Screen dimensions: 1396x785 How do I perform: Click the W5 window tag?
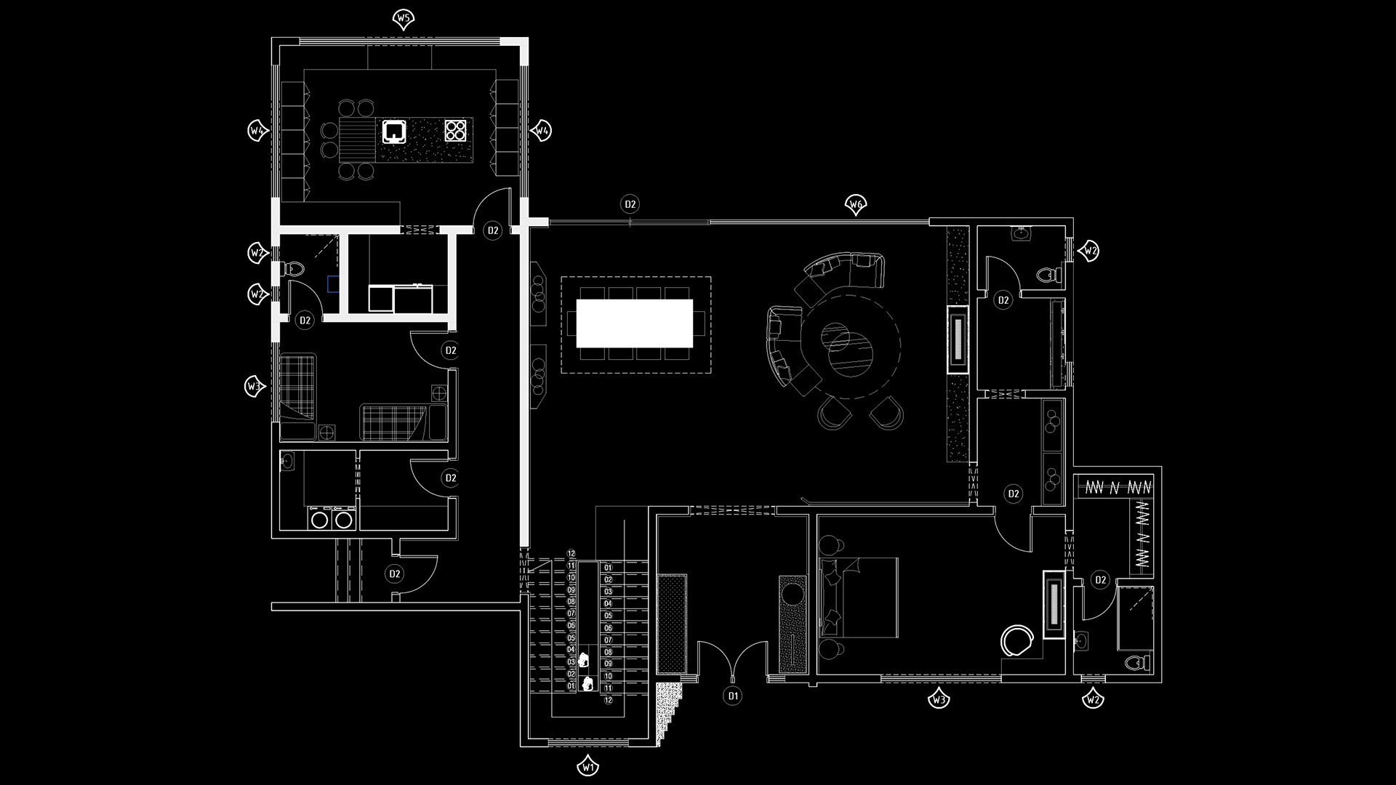point(404,18)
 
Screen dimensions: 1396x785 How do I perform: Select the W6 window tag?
point(856,205)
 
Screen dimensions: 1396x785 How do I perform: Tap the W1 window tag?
point(588,767)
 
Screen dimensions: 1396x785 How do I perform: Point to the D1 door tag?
point(733,696)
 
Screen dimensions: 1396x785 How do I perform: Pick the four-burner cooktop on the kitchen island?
point(456,130)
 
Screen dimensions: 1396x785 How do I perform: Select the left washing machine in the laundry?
point(319,519)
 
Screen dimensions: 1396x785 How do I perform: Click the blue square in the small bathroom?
point(333,283)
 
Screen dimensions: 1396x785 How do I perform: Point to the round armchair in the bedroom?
point(1017,641)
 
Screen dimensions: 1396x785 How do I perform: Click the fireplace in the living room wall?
point(958,339)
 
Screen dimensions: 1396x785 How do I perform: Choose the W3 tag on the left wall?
point(253,387)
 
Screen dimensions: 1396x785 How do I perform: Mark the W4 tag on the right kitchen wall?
point(542,131)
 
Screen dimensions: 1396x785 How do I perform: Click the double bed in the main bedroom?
point(859,597)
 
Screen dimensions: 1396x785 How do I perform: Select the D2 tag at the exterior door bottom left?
point(394,574)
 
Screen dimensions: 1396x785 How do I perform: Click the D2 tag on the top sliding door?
point(630,204)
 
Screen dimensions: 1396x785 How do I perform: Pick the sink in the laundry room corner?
point(289,462)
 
